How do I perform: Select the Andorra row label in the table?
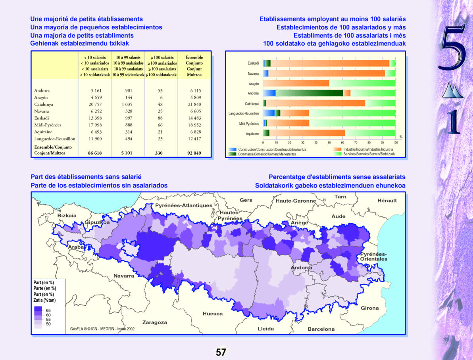[x=42, y=90]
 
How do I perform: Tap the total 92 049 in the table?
[x=194, y=153]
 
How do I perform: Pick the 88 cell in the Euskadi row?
[x=160, y=118]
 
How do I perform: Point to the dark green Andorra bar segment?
[x=309, y=93]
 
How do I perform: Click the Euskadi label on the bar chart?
[x=253, y=63]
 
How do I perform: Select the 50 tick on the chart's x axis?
[x=329, y=142]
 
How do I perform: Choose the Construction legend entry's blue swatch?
[x=233, y=149]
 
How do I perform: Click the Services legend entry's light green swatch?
[x=338, y=153]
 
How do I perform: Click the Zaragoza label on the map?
[x=155, y=322]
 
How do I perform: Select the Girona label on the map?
[x=369, y=308]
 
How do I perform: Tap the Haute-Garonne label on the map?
[x=296, y=201]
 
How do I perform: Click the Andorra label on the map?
[x=302, y=268]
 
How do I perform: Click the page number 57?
[x=221, y=352]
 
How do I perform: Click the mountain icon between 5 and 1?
[x=452, y=90]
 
